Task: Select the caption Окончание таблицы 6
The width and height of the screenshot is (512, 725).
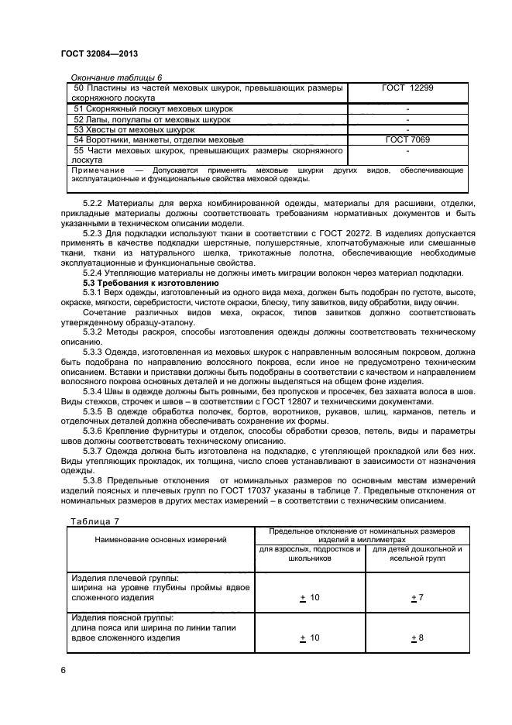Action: point(116,77)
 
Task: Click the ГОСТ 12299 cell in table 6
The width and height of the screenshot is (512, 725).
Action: point(407,88)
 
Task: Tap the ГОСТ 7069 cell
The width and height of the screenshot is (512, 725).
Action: point(407,140)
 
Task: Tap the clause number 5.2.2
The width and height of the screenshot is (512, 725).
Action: point(94,203)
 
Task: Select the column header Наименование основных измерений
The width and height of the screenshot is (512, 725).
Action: point(161,538)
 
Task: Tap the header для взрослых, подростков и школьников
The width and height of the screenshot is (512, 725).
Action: point(309,554)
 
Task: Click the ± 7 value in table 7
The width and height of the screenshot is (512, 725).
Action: point(417,598)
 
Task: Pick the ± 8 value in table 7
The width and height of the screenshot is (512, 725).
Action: point(417,637)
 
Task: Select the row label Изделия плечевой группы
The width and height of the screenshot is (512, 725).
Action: point(125,578)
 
